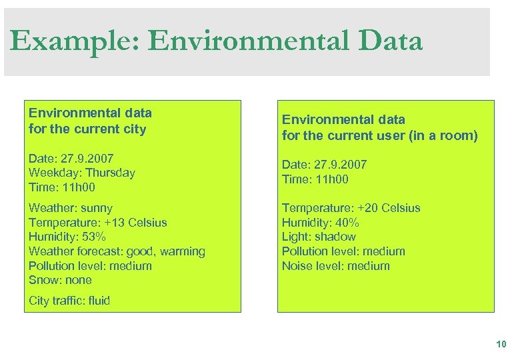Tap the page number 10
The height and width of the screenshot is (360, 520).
[501, 344]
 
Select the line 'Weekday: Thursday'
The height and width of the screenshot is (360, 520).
[81, 173]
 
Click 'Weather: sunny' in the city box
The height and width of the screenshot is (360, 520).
[71, 208]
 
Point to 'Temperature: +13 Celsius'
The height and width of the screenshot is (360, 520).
[97, 223]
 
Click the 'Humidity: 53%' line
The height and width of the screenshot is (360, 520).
[67, 237]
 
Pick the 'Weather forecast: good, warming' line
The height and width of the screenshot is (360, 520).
[117, 251]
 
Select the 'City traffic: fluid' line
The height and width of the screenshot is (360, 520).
[69, 301]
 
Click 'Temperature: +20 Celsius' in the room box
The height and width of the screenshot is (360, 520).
[351, 208]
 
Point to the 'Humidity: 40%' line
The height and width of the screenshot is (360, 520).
[321, 223]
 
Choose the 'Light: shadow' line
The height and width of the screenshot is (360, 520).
[319, 237]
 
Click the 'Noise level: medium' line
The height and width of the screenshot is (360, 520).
[335, 266]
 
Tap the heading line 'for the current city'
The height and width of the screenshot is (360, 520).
[87, 129]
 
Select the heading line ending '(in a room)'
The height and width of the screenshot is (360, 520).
[379, 136]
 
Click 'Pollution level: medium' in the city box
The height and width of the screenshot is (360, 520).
[90, 266]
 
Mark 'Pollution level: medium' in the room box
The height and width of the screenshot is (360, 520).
[343, 251]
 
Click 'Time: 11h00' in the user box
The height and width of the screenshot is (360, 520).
[315, 179]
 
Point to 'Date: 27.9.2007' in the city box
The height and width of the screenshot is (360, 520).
[71, 159]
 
